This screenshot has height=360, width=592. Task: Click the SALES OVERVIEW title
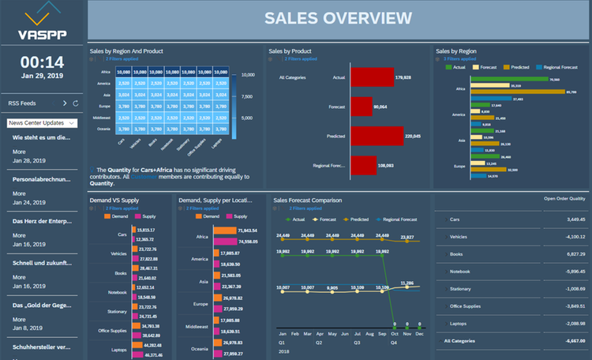338,18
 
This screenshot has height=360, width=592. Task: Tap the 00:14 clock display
42,62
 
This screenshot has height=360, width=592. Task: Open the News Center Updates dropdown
42,123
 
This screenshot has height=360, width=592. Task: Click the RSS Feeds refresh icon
76,103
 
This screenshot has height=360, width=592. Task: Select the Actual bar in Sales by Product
372,77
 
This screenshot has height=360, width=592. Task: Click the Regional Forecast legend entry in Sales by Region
561,68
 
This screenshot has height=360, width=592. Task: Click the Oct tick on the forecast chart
394,334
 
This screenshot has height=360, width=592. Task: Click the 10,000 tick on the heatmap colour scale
246,75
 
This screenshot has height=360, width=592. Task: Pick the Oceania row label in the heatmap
103,129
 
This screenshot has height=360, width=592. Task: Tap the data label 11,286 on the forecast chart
407,283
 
